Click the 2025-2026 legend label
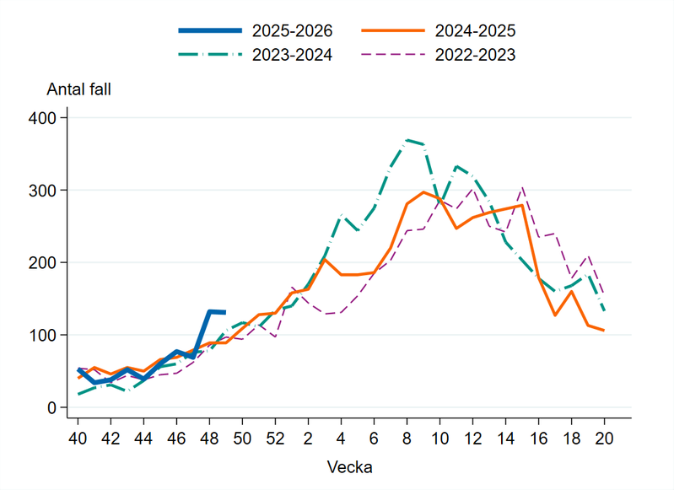pyautogui.click(x=292, y=31)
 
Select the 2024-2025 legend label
pyautogui.click(x=475, y=31)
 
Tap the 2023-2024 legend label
pyautogui.click(x=292, y=55)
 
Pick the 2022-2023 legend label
pyautogui.click(x=475, y=55)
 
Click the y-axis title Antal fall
pyautogui.click(x=78, y=89)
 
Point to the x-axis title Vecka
pyautogui.click(x=348, y=466)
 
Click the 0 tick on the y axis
pyautogui.click(x=51, y=408)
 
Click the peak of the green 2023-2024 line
pyautogui.click(x=407, y=140)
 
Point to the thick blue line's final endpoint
pyautogui.click(x=225, y=312)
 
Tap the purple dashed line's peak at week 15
pyautogui.click(x=522, y=188)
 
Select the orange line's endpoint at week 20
pyautogui.click(x=604, y=331)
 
